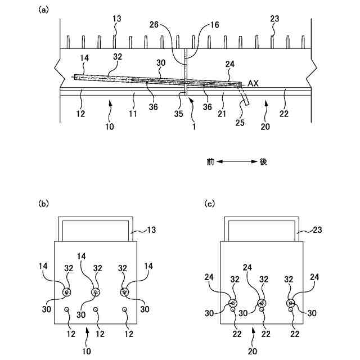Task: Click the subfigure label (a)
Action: tap(42, 10)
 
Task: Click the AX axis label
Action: tap(253, 83)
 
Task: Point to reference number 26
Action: tap(155, 25)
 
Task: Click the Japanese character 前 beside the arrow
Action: tap(211, 161)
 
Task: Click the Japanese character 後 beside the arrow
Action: tap(263, 161)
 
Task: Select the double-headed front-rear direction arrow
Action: tap(237, 162)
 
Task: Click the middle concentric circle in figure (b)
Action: tap(95, 292)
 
